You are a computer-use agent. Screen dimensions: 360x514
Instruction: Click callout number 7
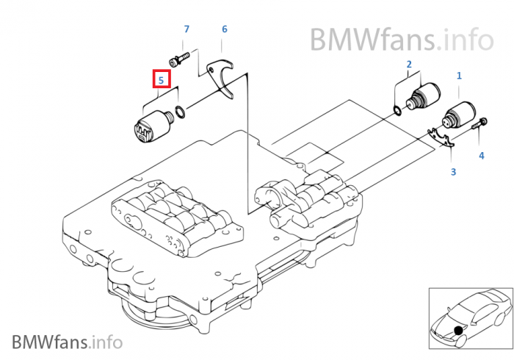[x=187, y=29]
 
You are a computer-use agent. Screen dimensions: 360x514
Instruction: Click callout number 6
[x=225, y=29]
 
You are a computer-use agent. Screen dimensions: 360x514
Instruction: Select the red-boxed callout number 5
[x=161, y=78]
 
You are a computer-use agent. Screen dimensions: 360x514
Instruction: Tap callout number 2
[x=409, y=65]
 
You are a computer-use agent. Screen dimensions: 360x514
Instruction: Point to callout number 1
[x=460, y=75]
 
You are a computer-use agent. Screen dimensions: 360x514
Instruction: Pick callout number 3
[x=453, y=172]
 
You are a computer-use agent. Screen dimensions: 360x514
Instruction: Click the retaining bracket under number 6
[x=222, y=77]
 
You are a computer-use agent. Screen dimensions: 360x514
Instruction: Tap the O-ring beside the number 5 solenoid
[x=180, y=112]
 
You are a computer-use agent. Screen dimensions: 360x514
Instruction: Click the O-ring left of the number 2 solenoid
[x=397, y=110]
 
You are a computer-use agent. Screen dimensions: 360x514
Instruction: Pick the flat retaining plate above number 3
[x=441, y=140]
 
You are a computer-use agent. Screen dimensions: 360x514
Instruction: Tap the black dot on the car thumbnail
[x=459, y=331]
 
